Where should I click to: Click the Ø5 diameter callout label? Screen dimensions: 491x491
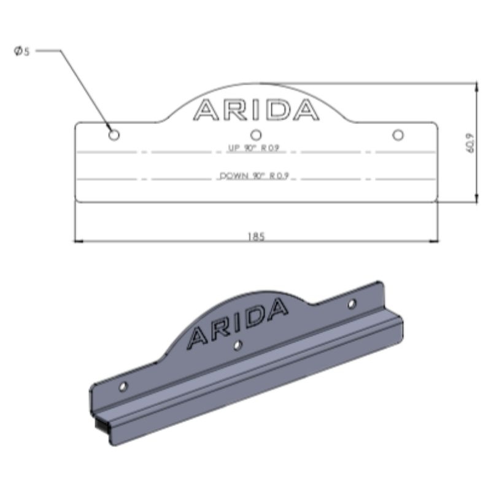[22, 51]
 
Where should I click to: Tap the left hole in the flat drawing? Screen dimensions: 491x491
[114, 135]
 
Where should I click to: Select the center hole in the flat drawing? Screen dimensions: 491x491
[256, 135]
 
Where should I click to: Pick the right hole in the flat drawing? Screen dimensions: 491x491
[398, 135]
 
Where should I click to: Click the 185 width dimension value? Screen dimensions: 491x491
[256, 236]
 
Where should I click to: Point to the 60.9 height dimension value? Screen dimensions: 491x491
[471, 143]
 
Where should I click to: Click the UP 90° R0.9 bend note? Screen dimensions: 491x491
[253, 148]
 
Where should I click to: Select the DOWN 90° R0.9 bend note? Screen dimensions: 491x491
[254, 176]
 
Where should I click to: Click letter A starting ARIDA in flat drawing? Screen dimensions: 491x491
[206, 110]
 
